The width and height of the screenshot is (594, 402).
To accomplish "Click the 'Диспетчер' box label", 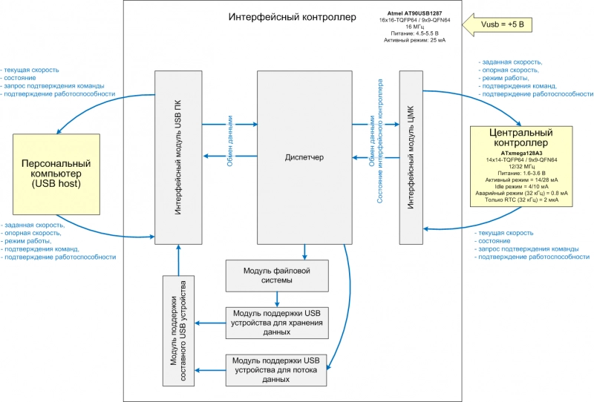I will point(304,157).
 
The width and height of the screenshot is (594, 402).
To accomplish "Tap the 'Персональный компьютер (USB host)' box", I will point(56,173).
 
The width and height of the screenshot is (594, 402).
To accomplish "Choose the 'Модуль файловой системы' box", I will point(277,275).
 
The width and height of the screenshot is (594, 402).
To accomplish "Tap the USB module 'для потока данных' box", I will point(276,369).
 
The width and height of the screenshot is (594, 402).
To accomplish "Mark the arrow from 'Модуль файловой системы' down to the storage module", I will point(277,299).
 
